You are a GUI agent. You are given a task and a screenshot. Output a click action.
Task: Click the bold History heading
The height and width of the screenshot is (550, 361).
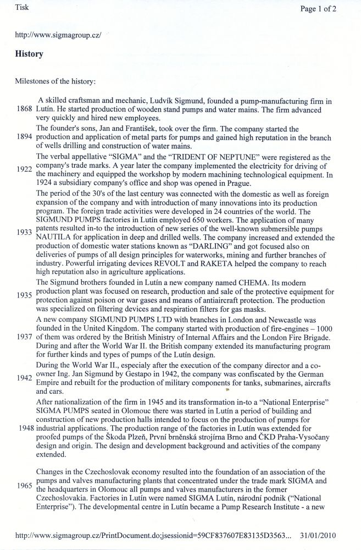30,54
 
